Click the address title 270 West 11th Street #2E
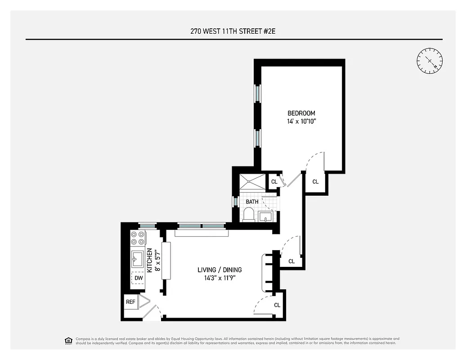coord(233,31)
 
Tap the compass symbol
coord(430,61)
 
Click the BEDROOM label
coord(301,113)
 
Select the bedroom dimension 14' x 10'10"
coord(301,121)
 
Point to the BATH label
coord(252,202)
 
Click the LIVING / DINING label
coord(220,270)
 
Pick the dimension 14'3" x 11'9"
coord(220,278)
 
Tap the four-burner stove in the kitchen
coord(138,238)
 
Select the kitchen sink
coord(137,259)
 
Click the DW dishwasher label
coord(139,278)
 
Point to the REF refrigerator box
coord(130,302)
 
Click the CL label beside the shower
coord(274,182)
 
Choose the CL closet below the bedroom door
coord(315,182)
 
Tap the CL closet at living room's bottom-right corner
coord(277,305)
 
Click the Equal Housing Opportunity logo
coord(68,341)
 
